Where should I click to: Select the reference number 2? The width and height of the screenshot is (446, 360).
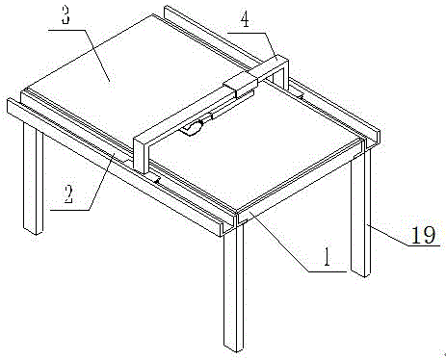(67, 194)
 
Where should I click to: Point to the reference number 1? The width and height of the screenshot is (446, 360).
(327, 257)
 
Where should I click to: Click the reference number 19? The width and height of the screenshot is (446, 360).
(423, 235)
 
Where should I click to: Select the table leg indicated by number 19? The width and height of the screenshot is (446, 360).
(361, 214)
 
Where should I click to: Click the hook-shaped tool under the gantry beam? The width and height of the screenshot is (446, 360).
(193, 126)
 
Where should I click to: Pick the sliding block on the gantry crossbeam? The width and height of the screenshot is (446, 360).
(241, 84)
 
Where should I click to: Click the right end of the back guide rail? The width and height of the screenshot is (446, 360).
(375, 137)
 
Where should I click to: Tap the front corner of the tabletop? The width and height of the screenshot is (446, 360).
(237, 212)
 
